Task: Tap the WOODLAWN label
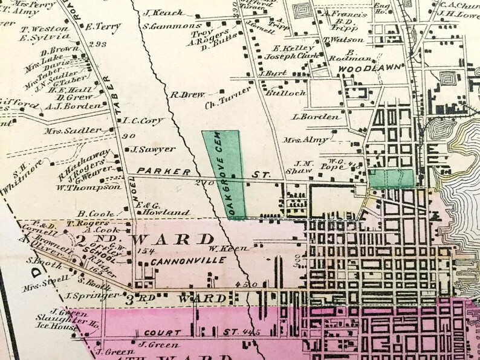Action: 361,69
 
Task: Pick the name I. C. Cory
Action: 143,121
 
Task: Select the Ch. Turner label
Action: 228,95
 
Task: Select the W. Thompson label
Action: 88,187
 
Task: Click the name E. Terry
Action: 100,26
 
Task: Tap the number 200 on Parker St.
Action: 204,182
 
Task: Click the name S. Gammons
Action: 172,26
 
